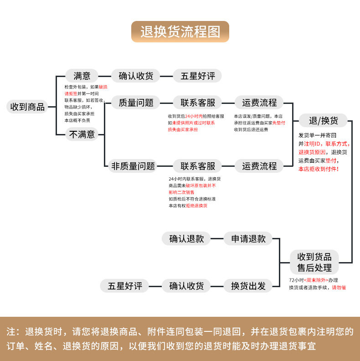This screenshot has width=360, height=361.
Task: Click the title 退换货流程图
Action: point(180,32)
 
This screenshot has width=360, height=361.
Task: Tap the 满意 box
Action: point(82,76)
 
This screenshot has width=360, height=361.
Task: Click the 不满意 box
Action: point(82,134)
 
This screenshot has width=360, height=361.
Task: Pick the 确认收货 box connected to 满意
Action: point(136,76)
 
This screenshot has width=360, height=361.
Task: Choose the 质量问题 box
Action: point(136,103)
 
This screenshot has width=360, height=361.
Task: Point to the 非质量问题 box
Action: point(133,166)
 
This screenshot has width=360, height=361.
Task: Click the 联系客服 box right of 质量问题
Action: point(198,103)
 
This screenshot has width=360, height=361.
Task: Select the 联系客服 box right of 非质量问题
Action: point(198,166)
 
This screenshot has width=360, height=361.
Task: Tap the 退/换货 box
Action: point(324,121)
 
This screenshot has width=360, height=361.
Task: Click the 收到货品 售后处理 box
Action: point(314,262)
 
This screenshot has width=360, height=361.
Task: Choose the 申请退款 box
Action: point(248,238)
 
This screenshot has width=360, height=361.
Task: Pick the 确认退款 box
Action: point(186,238)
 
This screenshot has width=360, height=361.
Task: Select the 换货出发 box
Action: point(248,286)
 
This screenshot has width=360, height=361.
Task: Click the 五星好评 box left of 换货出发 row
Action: point(125,286)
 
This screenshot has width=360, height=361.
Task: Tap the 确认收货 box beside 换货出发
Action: point(186,286)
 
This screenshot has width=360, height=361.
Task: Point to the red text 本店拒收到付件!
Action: point(319,169)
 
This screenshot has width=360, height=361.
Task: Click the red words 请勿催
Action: point(339,288)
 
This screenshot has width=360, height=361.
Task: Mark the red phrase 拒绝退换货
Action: point(195,206)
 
